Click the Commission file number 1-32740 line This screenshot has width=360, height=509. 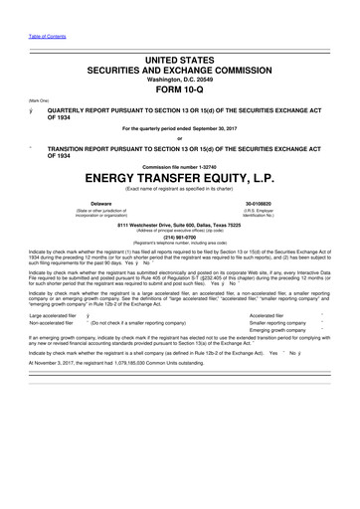[180, 164]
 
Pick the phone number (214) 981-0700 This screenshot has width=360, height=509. [180, 237]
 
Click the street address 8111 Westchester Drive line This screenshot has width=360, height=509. [180, 224]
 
